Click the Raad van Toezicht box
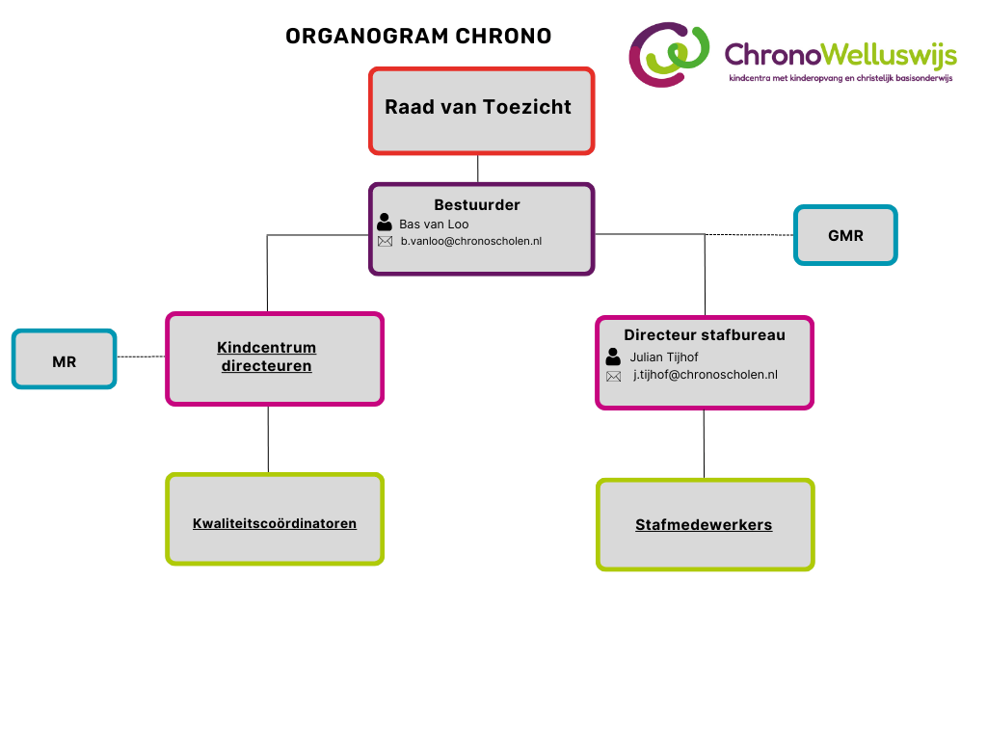(482, 111)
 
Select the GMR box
(845, 235)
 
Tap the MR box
(65, 359)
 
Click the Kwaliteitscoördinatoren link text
(275, 523)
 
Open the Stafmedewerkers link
(704, 525)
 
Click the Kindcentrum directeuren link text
(267, 357)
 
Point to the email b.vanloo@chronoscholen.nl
(470, 241)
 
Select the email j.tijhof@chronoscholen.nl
(705, 375)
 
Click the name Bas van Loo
(434, 224)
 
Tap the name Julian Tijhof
(664, 357)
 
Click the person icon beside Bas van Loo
(385, 223)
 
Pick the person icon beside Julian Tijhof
(613, 357)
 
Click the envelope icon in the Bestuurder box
(386, 242)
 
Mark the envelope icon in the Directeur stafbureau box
(614, 377)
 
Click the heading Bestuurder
(477, 205)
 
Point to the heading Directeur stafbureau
(705, 334)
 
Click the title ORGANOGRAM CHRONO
(418, 37)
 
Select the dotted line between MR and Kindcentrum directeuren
(141, 357)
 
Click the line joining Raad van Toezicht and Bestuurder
(478, 169)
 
